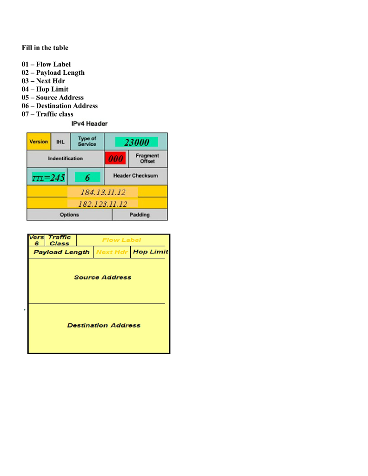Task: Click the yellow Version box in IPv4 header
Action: pos(39,141)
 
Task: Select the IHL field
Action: pos(60,141)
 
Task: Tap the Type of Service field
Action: pos(87,141)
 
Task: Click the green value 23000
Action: pos(136,142)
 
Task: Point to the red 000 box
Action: pos(115,159)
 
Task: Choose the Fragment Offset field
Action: pos(147,159)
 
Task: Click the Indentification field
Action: pos(65,159)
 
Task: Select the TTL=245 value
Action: pos(48,177)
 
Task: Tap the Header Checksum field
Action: pos(135,176)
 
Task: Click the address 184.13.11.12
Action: pos(103,192)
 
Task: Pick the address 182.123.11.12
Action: pos(103,204)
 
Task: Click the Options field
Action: pos(69,215)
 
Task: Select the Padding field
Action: pos(140,215)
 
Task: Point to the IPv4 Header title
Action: pos(89,124)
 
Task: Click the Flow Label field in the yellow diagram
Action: pos(121,240)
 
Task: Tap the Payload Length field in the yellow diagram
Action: pos(61,252)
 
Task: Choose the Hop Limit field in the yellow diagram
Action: pos(150,252)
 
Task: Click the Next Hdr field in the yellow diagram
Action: pos(112,252)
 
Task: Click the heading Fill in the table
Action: pos(45,48)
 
